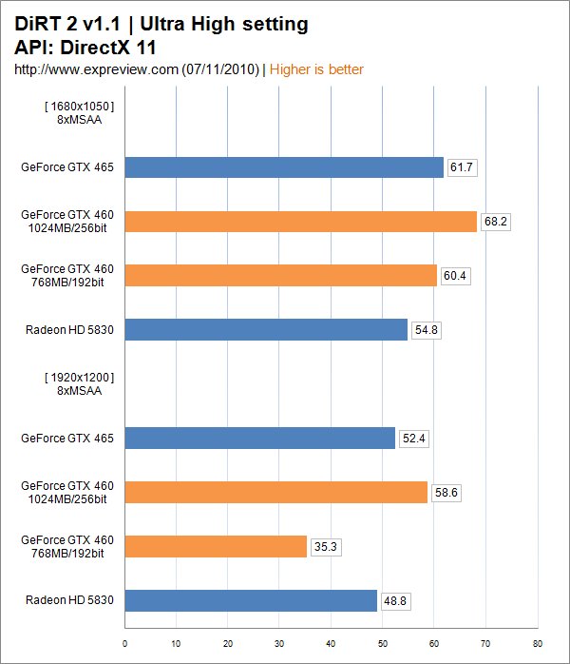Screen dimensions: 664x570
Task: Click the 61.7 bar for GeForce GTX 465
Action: (284, 167)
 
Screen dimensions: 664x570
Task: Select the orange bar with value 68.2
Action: (300, 222)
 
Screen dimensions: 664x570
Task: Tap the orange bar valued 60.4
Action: (280, 276)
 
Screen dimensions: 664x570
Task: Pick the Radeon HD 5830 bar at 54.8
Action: (266, 330)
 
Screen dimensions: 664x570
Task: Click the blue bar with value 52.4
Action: (259, 438)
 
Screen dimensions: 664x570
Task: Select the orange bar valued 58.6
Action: (275, 492)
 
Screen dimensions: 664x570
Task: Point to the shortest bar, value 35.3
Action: (216, 546)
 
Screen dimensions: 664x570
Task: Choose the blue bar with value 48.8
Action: (251, 600)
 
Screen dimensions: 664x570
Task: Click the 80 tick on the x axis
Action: (538, 643)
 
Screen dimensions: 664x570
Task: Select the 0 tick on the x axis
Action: (125, 643)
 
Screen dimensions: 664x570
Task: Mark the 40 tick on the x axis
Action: (332, 643)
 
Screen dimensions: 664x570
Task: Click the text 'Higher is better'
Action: (317, 69)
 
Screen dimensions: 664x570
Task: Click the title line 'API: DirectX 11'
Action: (85, 46)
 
